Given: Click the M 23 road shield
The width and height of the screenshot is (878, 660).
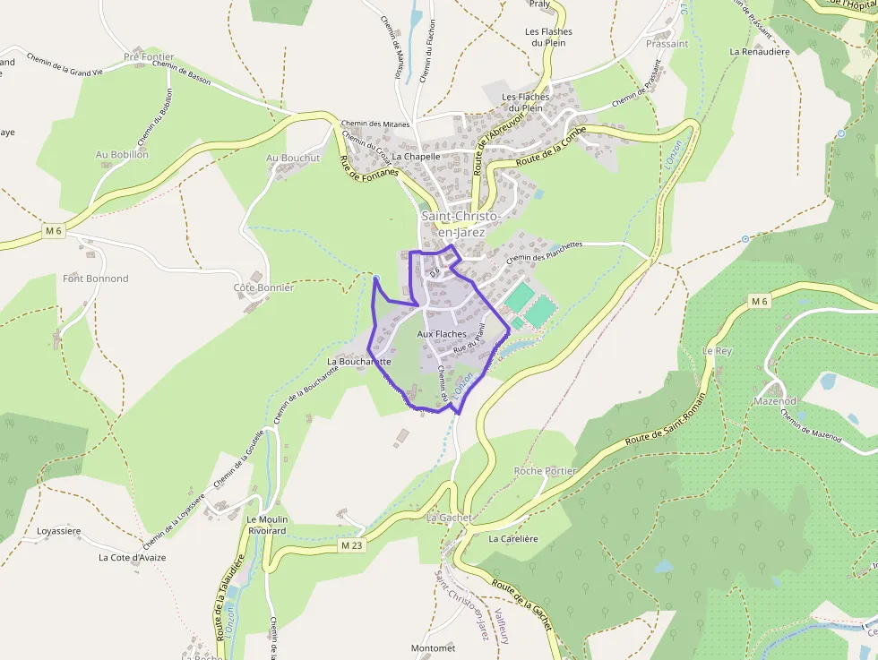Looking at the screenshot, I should click(351, 544).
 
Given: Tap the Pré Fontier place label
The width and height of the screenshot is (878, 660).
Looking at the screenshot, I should click(149, 56).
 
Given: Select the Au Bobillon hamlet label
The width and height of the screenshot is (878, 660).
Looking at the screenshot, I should click(122, 154).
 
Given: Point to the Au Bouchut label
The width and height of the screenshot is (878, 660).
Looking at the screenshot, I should click(293, 158).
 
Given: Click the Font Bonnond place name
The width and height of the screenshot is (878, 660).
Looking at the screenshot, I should click(95, 279).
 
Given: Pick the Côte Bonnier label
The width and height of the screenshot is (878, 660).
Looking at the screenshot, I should click(263, 287).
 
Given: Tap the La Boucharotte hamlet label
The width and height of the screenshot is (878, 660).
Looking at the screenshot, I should click(358, 362).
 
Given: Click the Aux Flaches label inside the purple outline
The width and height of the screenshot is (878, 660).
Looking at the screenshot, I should click(442, 334).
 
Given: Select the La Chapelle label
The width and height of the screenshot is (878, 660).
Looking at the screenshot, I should click(416, 156).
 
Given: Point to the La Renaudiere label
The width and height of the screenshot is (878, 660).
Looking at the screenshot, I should click(759, 52).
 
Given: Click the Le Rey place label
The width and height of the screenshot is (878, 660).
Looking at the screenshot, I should click(718, 351).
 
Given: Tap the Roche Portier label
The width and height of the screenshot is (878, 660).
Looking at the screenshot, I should click(545, 471).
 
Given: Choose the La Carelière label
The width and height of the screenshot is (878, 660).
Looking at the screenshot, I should click(512, 539).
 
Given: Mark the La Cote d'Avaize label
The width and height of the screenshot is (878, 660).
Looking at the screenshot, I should click(132, 557).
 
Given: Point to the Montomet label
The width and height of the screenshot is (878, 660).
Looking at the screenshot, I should click(433, 647).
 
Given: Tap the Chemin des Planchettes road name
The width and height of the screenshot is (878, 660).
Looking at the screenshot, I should click(544, 251).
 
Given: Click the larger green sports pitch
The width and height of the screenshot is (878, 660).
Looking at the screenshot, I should click(541, 311).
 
